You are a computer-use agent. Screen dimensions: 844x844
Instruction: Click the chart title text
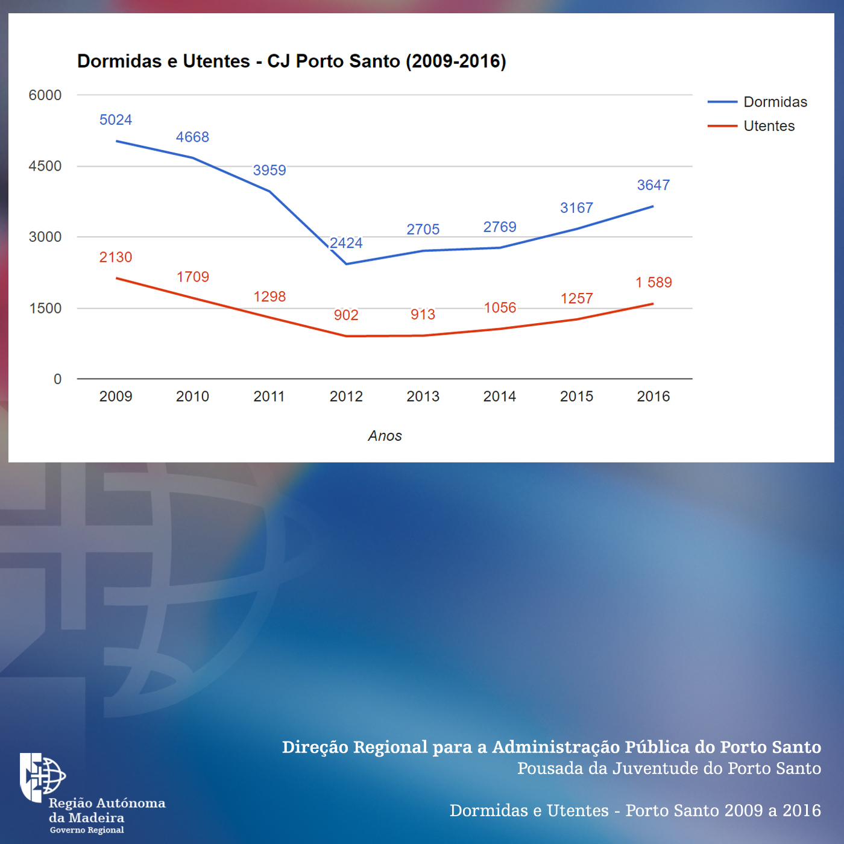(x=292, y=61)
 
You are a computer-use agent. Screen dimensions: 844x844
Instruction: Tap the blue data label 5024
(x=116, y=120)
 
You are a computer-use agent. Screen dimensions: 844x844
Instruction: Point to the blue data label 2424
(x=346, y=243)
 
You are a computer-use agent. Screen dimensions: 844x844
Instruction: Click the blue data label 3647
(x=653, y=185)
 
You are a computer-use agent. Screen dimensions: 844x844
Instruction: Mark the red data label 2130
(x=116, y=257)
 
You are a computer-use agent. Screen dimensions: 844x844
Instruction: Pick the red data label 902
(x=346, y=315)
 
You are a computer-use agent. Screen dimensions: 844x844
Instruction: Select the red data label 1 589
(x=653, y=283)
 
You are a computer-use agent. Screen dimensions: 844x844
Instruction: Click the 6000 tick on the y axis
(x=45, y=95)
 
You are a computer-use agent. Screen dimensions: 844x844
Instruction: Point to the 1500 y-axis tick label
(x=45, y=308)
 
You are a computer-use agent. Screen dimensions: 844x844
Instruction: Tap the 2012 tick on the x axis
(x=346, y=397)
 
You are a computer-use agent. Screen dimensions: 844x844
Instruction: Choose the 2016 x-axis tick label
(x=653, y=397)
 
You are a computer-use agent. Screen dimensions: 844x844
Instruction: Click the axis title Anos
(x=385, y=436)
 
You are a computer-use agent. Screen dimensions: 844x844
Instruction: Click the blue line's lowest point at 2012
(x=346, y=264)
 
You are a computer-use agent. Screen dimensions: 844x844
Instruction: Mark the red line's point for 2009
(x=116, y=279)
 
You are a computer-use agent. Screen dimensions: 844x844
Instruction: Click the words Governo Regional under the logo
(x=87, y=830)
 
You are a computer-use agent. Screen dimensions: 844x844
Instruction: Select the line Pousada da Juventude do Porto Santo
(x=669, y=769)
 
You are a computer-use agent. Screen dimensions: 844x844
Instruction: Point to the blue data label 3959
(x=269, y=171)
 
